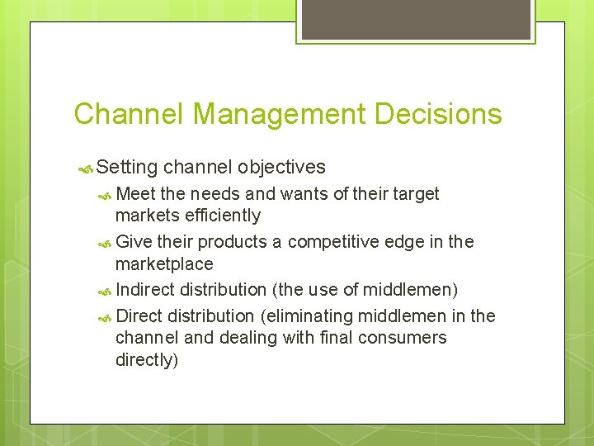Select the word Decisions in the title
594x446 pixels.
(x=438, y=114)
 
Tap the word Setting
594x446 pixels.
(x=127, y=168)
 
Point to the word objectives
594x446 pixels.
(x=281, y=168)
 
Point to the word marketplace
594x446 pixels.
(x=164, y=264)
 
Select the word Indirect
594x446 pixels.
(x=145, y=290)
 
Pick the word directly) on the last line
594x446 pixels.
(x=147, y=360)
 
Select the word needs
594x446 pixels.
(x=216, y=194)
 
